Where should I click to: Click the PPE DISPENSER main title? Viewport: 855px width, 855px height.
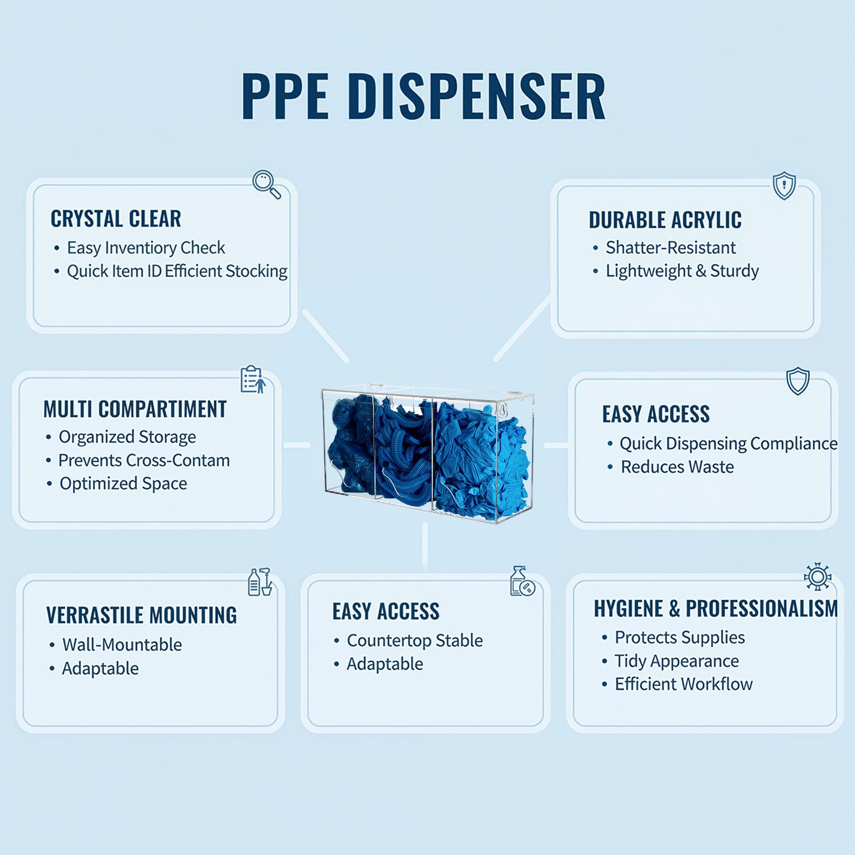coord(423,96)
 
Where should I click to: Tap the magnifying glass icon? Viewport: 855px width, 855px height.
coord(266,184)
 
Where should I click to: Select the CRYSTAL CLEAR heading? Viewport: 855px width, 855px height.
coord(116,219)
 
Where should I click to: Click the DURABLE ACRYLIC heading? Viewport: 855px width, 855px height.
coord(665,220)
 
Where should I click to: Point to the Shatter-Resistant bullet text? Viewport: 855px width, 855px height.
coord(671,248)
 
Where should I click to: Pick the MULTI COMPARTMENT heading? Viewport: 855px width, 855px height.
coord(135,410)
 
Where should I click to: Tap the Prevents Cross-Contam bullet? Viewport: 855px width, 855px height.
coord(144,460)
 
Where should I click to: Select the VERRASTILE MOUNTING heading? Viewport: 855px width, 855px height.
coord(142,615)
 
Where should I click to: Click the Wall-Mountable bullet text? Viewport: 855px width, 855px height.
coord(122,645)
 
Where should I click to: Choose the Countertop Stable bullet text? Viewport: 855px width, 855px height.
coord(415,640)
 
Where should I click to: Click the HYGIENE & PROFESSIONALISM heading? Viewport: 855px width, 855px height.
coord(716,609)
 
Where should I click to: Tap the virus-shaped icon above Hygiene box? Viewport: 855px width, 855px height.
coord(818,576)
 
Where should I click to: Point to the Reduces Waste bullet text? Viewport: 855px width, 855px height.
coord(677,467)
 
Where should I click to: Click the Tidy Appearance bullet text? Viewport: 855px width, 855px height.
coord(677,661)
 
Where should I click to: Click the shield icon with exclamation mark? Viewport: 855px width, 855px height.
coord(785,186)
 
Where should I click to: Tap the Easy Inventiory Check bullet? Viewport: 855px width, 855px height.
coord(146,248)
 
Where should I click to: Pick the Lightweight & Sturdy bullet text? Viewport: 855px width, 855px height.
coord(682,271)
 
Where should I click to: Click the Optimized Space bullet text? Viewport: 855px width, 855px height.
coord(123,484)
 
